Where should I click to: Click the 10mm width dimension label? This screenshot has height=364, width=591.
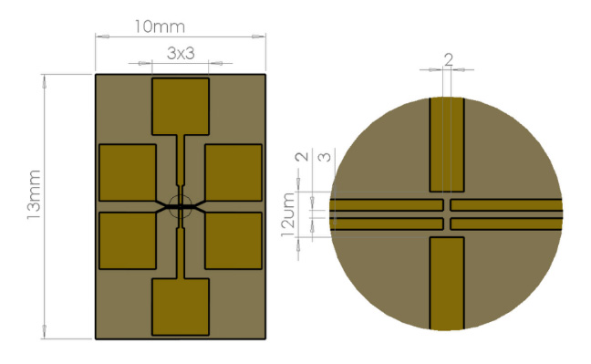(160, 26)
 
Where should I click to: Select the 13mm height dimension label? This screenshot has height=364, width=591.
(34, 194)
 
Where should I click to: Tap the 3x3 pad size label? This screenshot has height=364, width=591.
(181, 53)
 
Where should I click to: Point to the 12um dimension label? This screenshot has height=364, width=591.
(288, 214)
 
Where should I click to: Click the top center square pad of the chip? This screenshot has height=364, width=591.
(181, 107)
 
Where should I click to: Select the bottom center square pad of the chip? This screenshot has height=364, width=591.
(181, 307)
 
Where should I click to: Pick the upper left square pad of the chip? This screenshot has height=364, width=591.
(128, 172)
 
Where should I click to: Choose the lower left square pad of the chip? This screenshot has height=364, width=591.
(128, 241)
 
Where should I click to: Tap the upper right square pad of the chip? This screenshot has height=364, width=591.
(233, 172)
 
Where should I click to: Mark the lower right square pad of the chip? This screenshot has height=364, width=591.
(233, 241)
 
